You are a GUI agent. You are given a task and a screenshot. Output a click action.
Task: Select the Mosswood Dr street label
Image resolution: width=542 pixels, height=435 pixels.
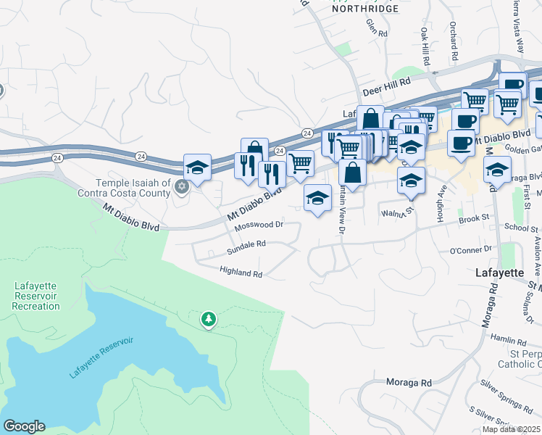[258, 225]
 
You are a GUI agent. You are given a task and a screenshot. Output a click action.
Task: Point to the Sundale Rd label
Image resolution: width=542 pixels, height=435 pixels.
[247, 245]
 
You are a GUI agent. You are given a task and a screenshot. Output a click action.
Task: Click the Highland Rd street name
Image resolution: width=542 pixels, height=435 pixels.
[241, 273]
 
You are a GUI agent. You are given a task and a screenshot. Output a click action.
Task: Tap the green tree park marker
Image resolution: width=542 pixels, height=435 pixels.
[209, 319]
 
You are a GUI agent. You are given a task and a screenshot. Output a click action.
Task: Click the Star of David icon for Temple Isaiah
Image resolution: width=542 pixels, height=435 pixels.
[182, 187]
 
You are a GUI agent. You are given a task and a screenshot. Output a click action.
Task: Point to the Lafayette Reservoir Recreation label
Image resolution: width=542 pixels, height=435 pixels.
[36, 296]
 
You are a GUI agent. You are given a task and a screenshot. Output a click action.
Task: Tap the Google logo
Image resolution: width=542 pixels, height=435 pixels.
[23, 426]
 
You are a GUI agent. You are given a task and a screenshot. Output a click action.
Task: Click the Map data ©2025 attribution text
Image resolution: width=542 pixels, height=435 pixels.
[511, 429]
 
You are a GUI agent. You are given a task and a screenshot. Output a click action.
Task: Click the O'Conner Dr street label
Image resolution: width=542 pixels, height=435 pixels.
[471, 251]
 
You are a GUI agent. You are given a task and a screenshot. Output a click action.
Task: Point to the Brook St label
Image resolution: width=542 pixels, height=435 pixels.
[474, 217]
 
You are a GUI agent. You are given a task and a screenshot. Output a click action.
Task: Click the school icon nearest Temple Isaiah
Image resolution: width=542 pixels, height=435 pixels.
[197, 168]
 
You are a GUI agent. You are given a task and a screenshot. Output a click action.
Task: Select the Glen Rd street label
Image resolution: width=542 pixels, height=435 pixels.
[378, 28]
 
